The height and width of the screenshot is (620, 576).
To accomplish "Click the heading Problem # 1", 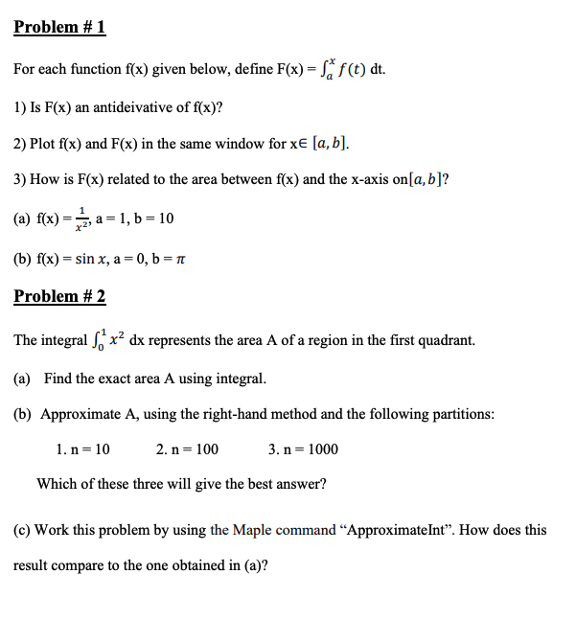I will [x=59, y=27].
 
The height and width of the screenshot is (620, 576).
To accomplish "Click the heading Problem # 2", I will [x=59, y=296].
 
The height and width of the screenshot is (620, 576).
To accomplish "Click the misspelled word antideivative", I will [x=134, y=107].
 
